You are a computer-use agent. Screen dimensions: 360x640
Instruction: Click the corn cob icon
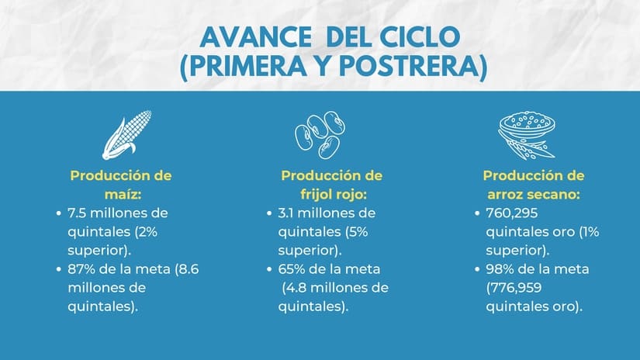126,134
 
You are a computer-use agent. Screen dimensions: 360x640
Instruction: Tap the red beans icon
320,134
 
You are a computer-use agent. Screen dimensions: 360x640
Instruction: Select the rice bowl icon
526,133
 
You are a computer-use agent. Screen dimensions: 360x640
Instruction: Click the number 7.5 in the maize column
77,212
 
